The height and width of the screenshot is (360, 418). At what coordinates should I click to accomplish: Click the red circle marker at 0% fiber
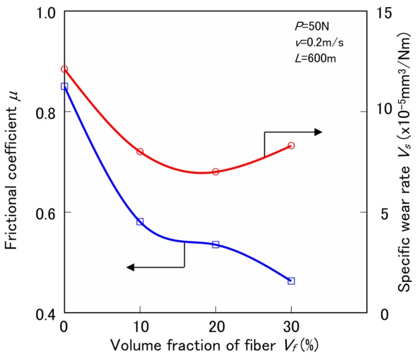click(64, 69)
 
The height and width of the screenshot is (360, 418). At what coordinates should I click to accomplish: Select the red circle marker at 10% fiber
click(140, 152)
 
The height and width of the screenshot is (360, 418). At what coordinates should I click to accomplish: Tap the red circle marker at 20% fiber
click(216, 171)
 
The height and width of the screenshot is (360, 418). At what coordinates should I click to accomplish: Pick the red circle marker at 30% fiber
click(291, 145)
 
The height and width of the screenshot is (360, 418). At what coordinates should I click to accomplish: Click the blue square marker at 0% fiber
click(64, 86)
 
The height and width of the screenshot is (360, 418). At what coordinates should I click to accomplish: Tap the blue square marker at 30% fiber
click(291, 281)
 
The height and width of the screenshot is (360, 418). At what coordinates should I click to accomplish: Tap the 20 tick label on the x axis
click(216, 328)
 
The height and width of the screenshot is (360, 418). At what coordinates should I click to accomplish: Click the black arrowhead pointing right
click(318, 132)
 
